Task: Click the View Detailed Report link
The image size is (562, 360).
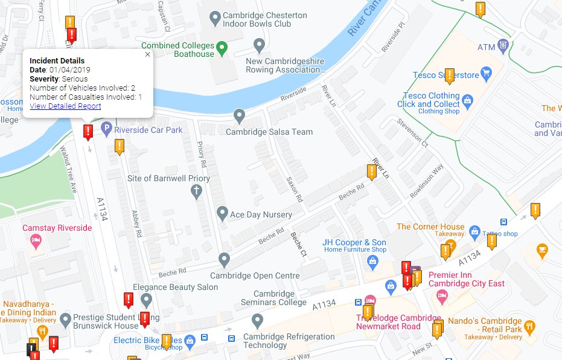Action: coord(65,106)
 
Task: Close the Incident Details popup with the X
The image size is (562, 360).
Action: coord(147,54)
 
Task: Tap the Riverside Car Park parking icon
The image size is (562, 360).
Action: coord(106,129)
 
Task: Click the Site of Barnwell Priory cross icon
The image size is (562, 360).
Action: coord(196,192)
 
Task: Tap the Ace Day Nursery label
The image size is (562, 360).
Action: coord(261,214)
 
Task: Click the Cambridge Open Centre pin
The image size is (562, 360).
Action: coord(225,260)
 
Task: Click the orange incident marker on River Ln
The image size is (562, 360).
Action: coord(372,172)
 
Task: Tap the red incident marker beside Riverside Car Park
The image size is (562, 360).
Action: coord(88,131)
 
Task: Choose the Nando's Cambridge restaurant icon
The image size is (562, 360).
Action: coord(529,326)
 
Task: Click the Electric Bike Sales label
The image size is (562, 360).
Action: coord(147,340)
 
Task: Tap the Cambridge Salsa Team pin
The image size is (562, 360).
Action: coord(240,115)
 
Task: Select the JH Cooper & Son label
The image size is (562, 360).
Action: coord(354,243)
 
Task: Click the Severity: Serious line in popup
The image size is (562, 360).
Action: coord(59,79)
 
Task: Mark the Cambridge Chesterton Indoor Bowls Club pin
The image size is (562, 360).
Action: coord(214,19)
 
